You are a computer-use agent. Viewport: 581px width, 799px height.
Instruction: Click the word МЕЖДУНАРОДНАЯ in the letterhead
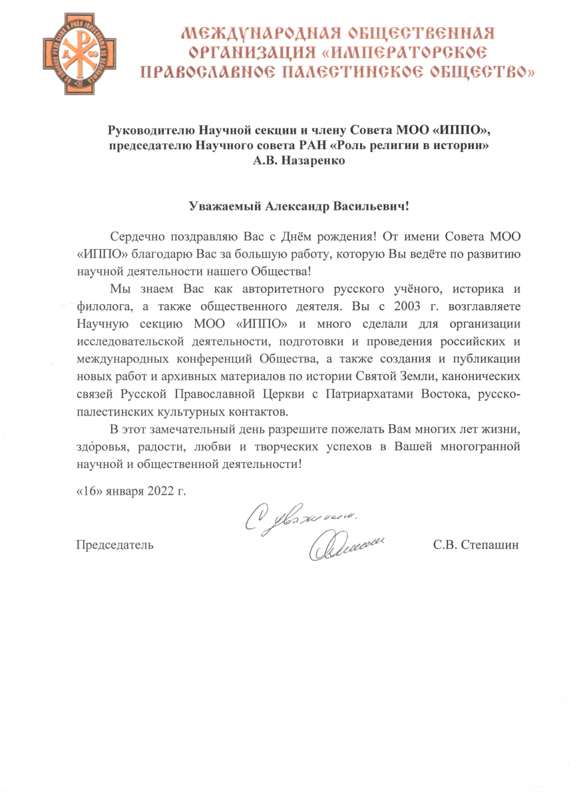point(248,33)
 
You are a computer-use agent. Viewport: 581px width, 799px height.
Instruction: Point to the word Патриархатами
point(382,392)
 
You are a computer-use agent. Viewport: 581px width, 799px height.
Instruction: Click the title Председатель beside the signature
point(114,545)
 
